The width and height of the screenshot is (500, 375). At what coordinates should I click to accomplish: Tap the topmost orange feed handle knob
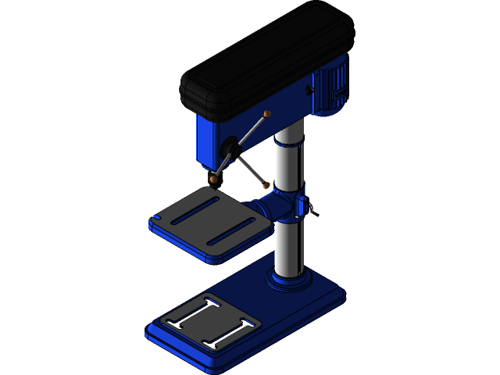[267, 114]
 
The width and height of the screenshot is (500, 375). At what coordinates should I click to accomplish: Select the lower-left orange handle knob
[213, 179]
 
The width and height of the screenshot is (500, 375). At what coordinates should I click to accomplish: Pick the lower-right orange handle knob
[266, 185]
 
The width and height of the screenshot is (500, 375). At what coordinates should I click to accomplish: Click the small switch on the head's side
[309, 91]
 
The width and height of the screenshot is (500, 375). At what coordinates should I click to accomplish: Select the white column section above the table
[288, 160]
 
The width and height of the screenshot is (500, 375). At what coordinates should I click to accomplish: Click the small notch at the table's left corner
[157, 217]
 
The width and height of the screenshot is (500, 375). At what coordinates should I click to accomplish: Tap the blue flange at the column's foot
[290, 280]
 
